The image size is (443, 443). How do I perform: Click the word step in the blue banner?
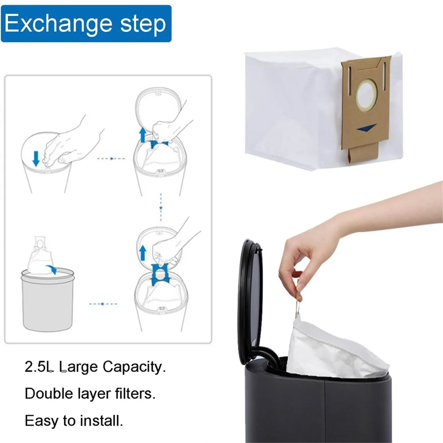pos(143,24)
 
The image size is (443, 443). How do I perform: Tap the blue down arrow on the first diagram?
pos(36,158)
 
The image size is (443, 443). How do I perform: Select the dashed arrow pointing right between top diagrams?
pos(111,159)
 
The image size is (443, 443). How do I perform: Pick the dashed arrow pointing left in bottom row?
pos(103,304)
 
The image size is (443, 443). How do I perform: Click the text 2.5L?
pos(39,367)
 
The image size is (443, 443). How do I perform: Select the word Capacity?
pos(134,367)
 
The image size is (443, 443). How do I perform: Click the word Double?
pos(49,394)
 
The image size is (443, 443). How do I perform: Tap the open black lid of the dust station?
pos(251,303)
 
